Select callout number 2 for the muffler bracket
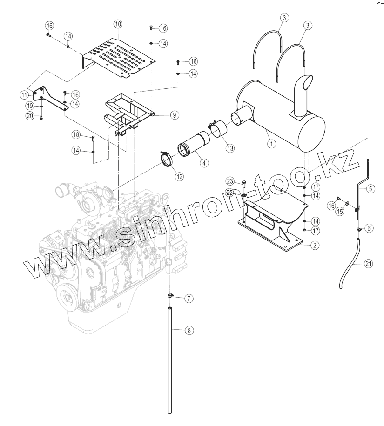[x=315, y=245]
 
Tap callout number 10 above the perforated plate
[x=117, y=23]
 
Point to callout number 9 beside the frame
[x=174, y=115]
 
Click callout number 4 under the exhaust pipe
[x=203, y=162]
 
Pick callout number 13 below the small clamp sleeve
[x=229, y=148]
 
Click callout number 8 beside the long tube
[x=189, y=330]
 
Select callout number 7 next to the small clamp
[x=189, y=299]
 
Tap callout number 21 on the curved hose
[x=368, y=264]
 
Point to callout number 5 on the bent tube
[x=370, y=189]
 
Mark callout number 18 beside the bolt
[x=77, y=135]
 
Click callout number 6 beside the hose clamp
[x=369, y=228]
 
